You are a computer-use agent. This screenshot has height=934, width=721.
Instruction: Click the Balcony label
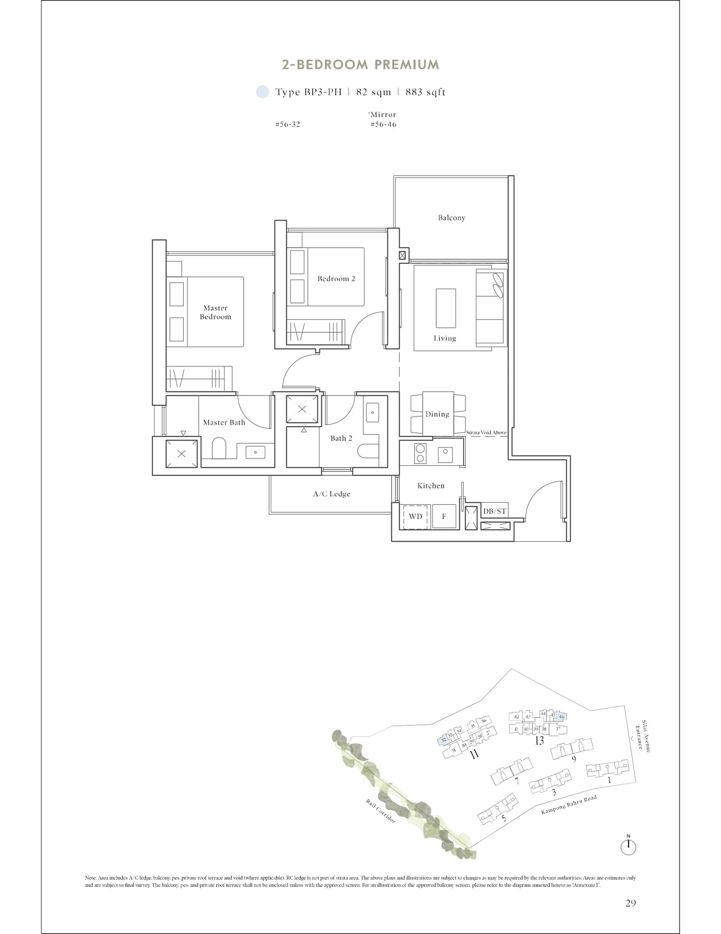point(452,218)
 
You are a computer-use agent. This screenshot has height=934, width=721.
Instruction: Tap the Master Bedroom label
point(215,312)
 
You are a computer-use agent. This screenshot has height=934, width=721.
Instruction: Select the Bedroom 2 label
point(336,279)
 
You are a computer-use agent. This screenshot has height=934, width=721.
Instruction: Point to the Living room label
point(445,338)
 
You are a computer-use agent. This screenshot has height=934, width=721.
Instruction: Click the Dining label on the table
point(437,414)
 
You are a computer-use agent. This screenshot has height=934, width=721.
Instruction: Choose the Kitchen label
point(431,486)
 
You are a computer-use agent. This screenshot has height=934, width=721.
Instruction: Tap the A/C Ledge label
point(332,494)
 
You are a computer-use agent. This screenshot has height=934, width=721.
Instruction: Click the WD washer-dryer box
point(415,516)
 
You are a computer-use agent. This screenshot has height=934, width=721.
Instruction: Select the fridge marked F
point(444,516)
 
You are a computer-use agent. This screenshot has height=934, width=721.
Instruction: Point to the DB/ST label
point(495,511)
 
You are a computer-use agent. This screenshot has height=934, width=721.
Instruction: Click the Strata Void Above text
point(486,432)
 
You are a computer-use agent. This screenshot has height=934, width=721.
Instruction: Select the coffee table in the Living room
point(446,308)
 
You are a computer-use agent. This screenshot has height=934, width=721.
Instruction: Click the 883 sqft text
point(425,92)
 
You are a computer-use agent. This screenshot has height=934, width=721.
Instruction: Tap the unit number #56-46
point(383,124)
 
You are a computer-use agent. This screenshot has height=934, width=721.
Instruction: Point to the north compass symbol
point(628,847)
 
